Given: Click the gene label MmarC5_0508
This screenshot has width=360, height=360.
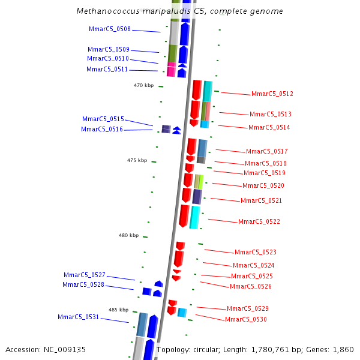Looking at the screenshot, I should (109, 29).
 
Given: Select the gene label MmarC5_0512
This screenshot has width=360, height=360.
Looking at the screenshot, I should (272, 94).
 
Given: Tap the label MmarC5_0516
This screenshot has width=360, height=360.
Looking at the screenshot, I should (102, 130).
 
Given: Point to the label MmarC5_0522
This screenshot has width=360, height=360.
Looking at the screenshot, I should (259, 222).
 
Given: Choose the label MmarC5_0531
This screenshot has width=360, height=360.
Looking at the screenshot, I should (79, 317).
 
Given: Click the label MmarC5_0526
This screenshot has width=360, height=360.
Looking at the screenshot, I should (250, 287).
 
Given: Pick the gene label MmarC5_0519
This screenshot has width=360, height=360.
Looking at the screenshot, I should (265, 173).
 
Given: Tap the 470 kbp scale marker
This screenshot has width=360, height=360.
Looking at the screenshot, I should (143, 86).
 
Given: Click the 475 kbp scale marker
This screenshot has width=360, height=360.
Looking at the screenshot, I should (137, 161).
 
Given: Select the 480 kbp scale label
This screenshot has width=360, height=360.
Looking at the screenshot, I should (128, 236).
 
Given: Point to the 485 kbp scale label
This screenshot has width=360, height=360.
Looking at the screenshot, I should (118, 310).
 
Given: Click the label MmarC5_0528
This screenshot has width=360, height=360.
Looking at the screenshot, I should (83, 285).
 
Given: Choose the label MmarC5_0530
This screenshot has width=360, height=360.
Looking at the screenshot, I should (245, 320).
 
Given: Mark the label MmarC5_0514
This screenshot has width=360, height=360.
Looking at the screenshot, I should (269, 128).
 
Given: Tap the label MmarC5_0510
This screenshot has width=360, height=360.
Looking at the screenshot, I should (107, 59).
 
